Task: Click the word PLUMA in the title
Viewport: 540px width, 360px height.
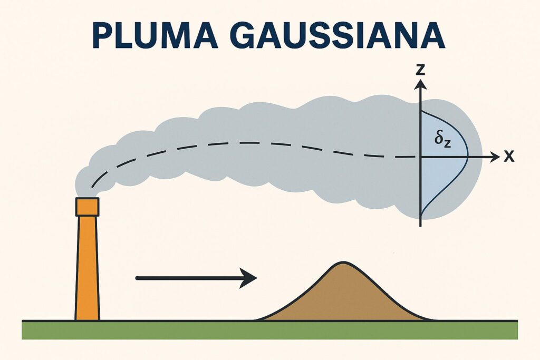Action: coord(148,35)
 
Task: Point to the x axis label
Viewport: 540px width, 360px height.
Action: coord(509,157)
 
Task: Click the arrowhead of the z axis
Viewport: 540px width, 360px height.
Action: coord(420,84)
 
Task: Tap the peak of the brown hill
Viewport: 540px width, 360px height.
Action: coord(343,262)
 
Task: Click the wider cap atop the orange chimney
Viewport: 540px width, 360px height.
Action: coord(87,207)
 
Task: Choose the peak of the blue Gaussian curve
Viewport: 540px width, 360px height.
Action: coord(468,157)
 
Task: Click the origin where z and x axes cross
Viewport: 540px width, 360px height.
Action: coord(420,157)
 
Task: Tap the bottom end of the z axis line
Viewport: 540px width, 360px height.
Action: coord(420,225)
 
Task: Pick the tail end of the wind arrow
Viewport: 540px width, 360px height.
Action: coord(138,278)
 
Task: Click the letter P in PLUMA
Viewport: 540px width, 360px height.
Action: coord(103,35)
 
